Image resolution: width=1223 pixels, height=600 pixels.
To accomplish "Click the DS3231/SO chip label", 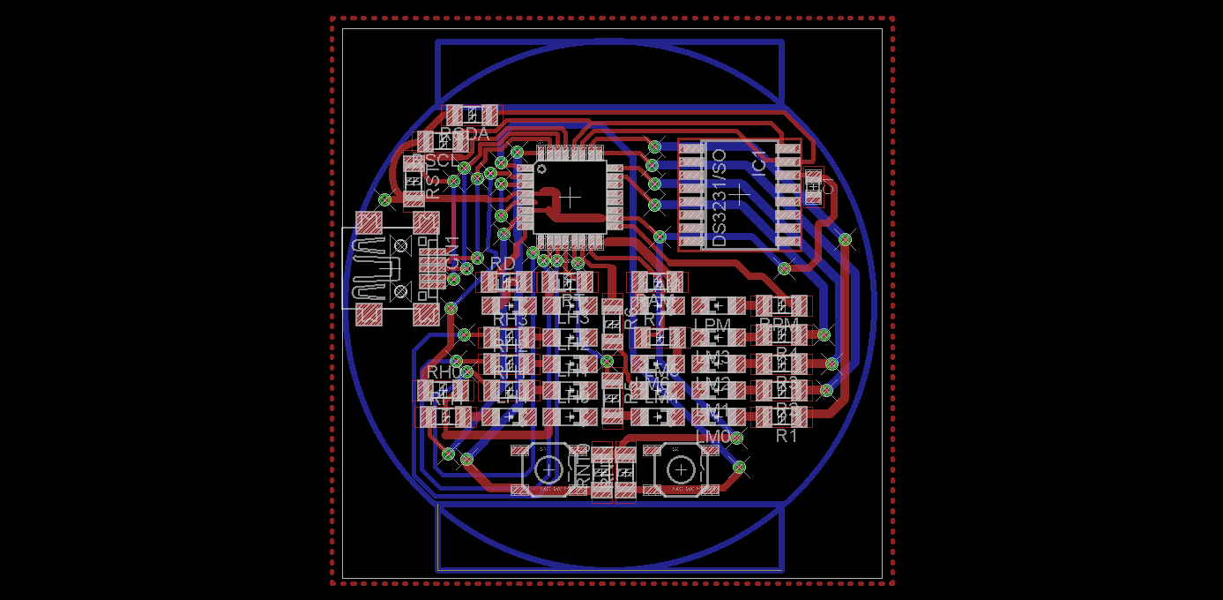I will (719, 199).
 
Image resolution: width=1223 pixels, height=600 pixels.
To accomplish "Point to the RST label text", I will (432, 183).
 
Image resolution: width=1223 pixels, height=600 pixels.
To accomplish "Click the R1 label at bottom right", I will (787, 436).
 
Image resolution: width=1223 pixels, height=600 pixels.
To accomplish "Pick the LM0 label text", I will (712, 437).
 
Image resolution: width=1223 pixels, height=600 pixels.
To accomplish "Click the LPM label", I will (712, 325).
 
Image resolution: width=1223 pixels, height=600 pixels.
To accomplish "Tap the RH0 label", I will (444, 372).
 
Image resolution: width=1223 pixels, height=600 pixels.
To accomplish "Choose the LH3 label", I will (572, 319).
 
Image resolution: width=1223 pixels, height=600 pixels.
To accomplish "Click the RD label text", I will (503, 263).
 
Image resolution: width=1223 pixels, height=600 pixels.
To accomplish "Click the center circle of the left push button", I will (548, 469).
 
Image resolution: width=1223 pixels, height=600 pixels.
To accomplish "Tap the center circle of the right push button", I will (679, 469).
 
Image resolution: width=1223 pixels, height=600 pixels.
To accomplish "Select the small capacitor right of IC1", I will (813, 187).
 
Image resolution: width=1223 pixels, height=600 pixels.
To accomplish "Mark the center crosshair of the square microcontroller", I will (570, 197).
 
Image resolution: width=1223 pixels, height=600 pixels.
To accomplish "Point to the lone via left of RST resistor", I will (384, 199).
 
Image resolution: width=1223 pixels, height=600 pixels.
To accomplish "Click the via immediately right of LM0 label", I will (736, 438).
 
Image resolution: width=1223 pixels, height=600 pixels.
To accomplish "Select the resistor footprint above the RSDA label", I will (472, 115).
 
